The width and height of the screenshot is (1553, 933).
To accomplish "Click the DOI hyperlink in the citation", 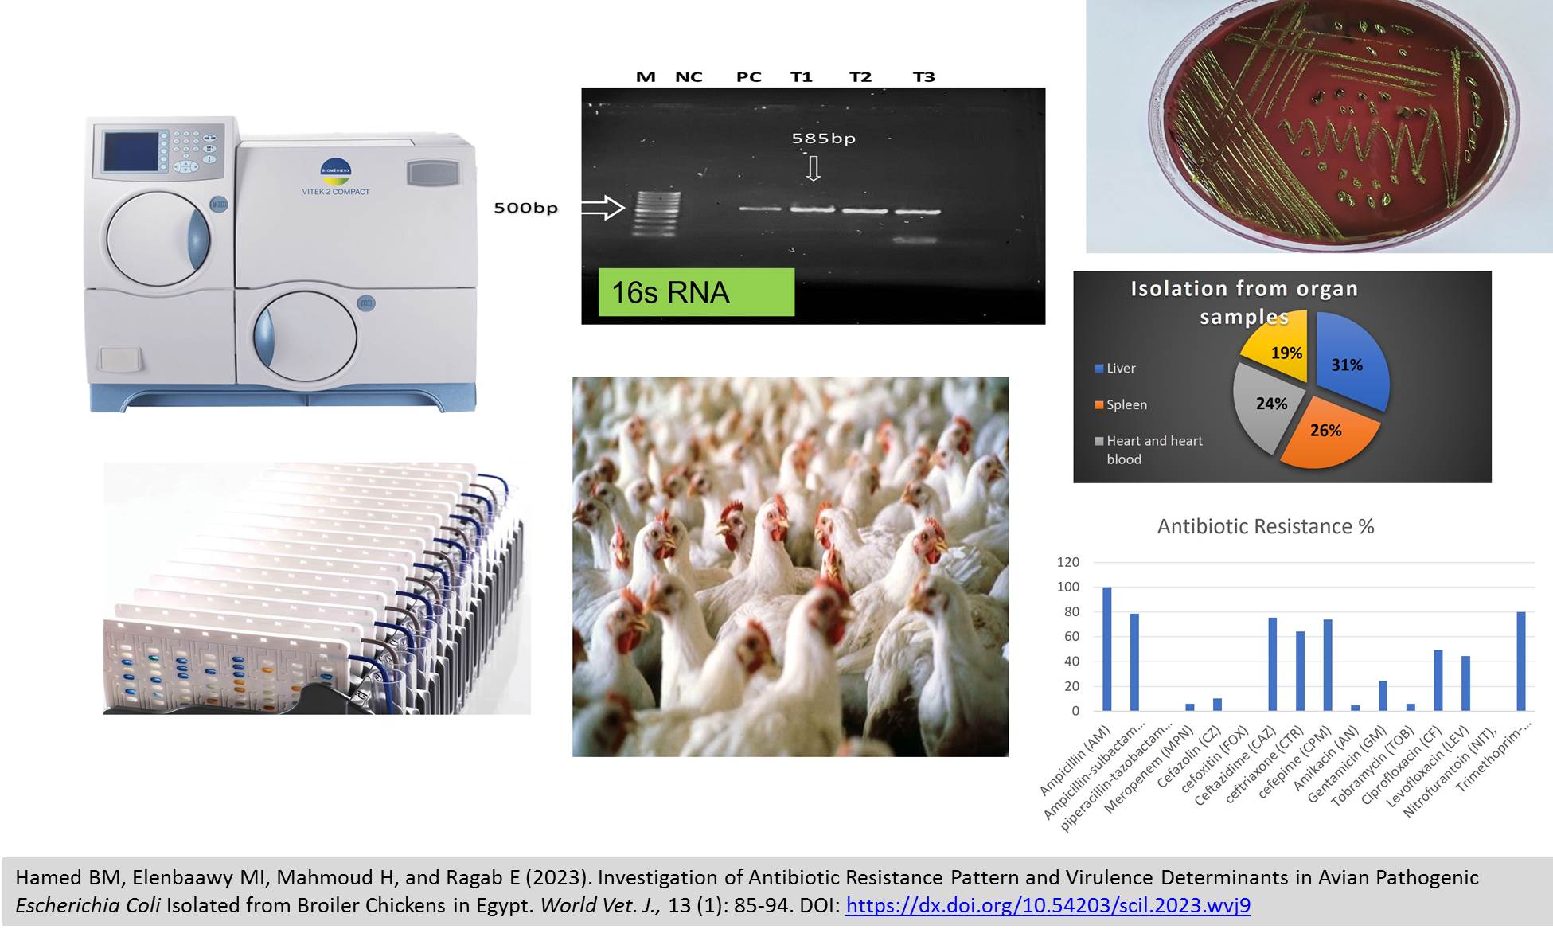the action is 1048,906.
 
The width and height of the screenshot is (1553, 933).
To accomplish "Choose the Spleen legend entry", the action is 1121,404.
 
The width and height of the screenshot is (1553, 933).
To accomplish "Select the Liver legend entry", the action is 1115,368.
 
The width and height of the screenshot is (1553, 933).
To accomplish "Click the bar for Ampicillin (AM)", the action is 1106,649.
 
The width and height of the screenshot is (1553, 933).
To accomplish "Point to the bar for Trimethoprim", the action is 1521,661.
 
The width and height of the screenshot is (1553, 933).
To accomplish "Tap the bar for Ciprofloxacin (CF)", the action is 1438,680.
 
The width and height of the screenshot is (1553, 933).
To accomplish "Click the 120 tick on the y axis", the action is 1067,562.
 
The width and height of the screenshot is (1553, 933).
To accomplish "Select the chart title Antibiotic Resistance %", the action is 1266,526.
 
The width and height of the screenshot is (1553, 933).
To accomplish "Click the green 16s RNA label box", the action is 697,292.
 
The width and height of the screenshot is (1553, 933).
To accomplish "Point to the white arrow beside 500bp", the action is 603,208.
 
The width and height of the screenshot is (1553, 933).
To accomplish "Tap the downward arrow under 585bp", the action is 813,168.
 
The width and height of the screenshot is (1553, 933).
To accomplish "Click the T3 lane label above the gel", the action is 923,77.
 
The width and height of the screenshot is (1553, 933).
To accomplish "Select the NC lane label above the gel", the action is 689,77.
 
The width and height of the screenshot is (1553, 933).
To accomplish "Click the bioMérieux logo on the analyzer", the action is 335,170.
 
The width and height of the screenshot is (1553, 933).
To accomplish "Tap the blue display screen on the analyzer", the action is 131,151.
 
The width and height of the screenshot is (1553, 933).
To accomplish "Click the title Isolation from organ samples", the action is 1244,303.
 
